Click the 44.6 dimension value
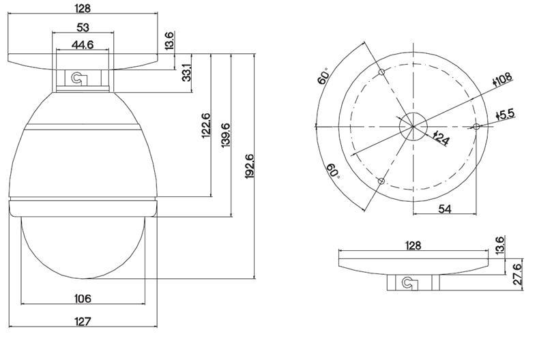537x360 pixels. (83, 45)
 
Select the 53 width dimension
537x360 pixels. (83, 27)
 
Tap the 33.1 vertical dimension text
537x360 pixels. (186, 72)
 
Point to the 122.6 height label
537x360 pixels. (206, 125)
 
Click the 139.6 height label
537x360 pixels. (226, 135)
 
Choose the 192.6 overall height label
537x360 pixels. (249, 166)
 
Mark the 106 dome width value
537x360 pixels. (83, 299)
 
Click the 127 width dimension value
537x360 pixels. (83, 322)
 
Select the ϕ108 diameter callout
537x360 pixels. (502, 79)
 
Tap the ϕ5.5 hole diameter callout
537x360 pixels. (505, 115)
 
